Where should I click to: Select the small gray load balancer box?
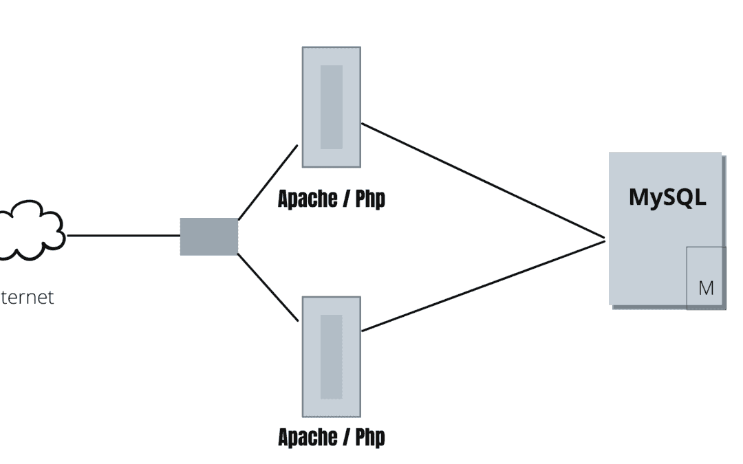click(209, 236)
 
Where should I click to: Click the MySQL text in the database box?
click(667, 197)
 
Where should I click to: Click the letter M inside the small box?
click(706, 288)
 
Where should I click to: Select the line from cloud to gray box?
click(124, 235)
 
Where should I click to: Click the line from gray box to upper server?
click(268, 181)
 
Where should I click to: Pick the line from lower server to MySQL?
click(482, 286)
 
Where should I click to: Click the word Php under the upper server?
click(370, 199)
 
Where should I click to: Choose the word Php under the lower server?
click(370, 437)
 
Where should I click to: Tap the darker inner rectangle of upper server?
click(331, 107)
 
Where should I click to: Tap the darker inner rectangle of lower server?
click(331, 357)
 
